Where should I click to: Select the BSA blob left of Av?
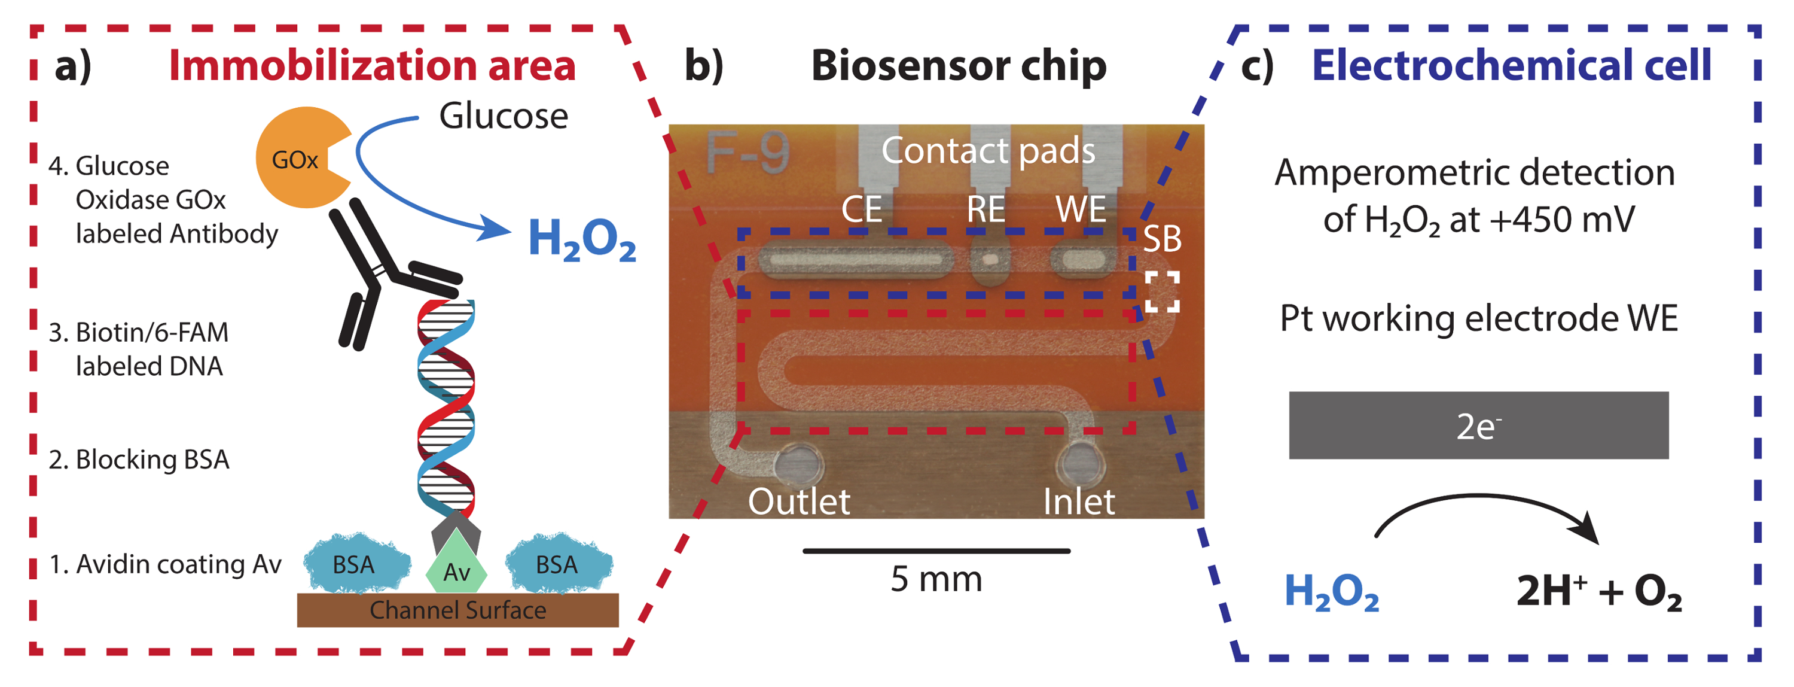point(356,564)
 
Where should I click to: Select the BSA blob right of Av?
point(558,564)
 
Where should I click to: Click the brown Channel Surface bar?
point(457,610)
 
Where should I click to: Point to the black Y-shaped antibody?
point(380,272)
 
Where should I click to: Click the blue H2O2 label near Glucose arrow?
point(581,239)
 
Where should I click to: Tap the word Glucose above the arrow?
point(503,115)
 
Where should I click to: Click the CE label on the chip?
point(862,209)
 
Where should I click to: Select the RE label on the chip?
point(986,209)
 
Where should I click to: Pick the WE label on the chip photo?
point(1080,209)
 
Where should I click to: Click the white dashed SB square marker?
point(1163,291)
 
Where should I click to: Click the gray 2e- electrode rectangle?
point(1478,425)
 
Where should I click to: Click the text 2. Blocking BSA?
point(139,460)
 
